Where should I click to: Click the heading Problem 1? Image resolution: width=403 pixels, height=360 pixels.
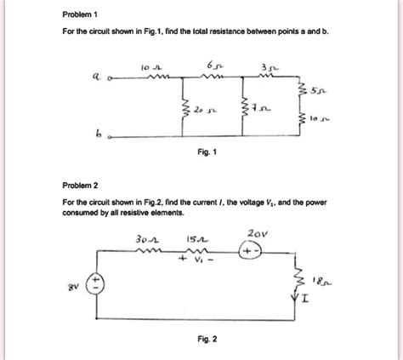[x=80, y=15]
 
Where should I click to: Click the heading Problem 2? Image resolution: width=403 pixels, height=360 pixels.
[x=80, y=184]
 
